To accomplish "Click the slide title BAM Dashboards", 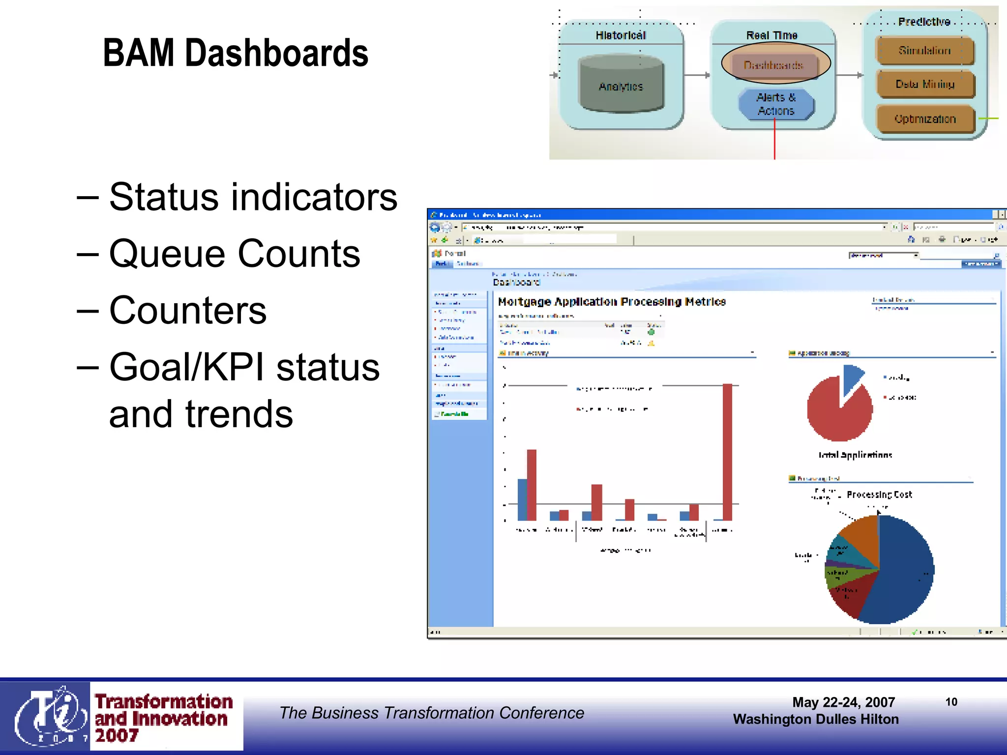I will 236,53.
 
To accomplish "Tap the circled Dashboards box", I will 774,65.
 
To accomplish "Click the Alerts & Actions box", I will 776,104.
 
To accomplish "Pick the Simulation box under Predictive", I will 924,51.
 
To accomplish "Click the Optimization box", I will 925,119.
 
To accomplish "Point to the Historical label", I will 621,35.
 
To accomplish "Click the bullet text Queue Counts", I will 235,254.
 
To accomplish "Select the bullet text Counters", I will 188,311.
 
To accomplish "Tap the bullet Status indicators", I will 253,197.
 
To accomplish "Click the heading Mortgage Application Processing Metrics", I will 612,301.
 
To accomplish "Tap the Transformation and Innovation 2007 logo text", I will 163,718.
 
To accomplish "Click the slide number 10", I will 951,702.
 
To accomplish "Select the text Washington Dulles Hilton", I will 815,719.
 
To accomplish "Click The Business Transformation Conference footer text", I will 431,713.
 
